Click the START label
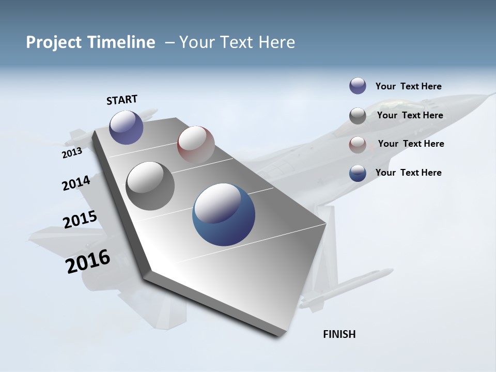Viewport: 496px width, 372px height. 122,100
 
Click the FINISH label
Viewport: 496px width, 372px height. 339,334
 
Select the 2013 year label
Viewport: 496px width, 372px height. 72,153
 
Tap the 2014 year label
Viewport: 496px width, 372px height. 76,183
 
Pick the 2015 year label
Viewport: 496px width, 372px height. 80,220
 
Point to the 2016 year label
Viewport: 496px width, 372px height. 88,261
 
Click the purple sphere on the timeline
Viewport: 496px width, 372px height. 126,127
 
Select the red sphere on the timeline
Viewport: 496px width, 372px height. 196,144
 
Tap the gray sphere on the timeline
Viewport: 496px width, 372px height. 150,185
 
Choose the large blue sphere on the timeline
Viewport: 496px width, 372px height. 224,214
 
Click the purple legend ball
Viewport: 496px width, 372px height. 358,86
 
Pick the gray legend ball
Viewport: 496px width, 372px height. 358,116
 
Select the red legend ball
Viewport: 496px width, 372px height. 358,145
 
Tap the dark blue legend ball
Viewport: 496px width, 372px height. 358,173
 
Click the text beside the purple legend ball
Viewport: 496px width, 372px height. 408,86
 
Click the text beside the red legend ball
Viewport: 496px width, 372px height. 411,144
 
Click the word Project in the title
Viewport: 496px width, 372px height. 54,42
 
